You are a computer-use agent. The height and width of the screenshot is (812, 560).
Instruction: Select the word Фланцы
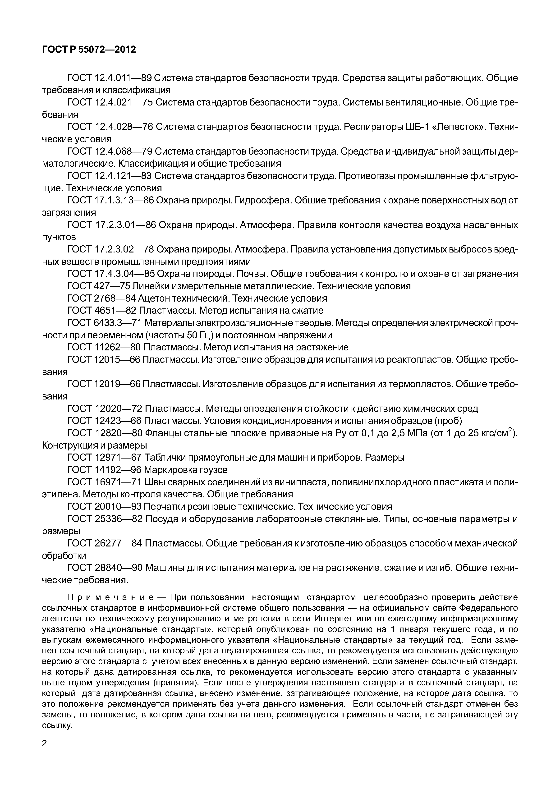(x=162, y=433)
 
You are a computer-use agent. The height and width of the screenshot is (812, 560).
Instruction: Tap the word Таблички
(x=166, y=458)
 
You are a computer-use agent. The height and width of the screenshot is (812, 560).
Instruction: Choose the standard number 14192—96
(x=118, y=470)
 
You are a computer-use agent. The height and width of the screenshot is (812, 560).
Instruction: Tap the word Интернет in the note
(x=332, y=618)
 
